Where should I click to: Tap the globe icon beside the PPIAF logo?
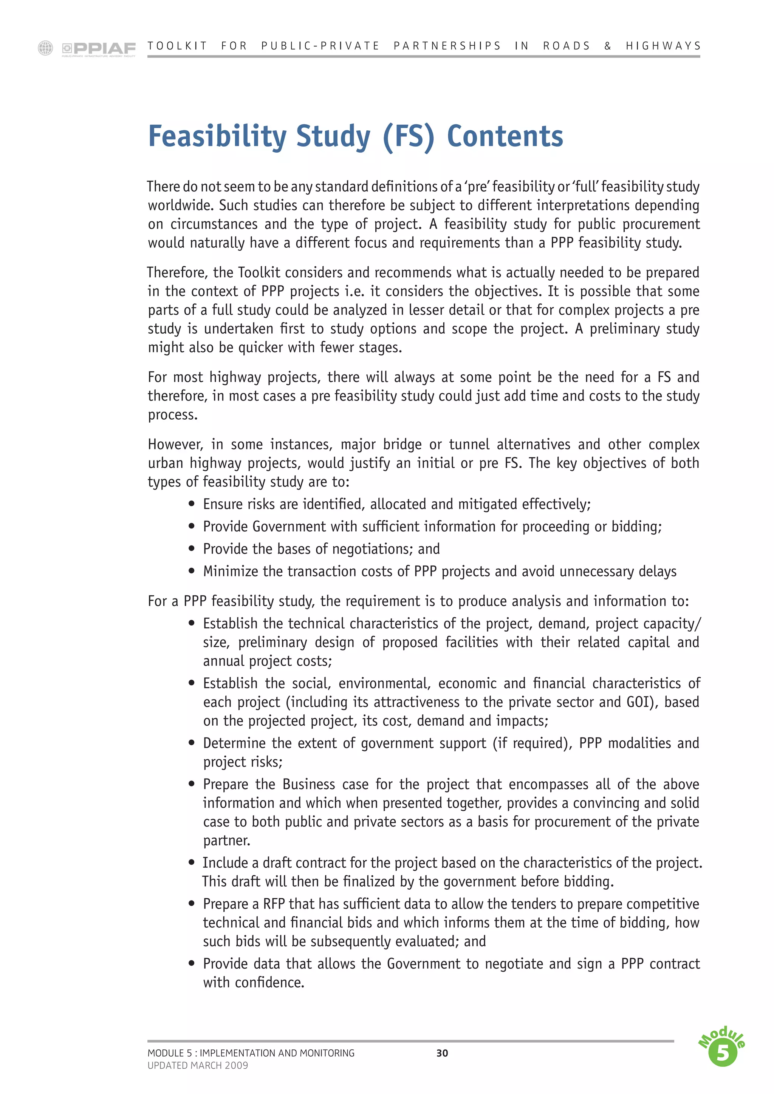click(x=45, y=48)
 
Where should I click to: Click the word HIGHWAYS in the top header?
click(x=663, y=46)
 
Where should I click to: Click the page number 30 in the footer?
click(x=442, y=1053)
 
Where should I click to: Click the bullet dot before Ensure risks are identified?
click(x=192, y=504)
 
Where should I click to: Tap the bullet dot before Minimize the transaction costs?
click(x=192, y=571)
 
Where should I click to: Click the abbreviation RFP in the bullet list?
click(x=274, y=904)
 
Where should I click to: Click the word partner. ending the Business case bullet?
click(x=226, y=841)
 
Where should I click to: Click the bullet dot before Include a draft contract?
click(x=192, y=862)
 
